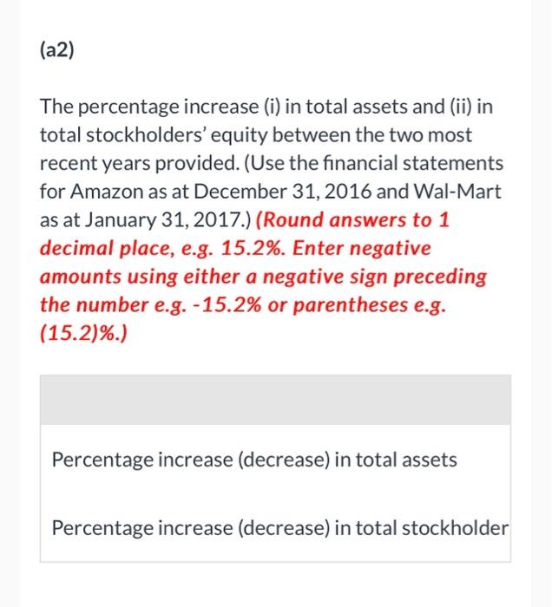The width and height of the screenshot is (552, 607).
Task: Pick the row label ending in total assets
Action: click(254, 460)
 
